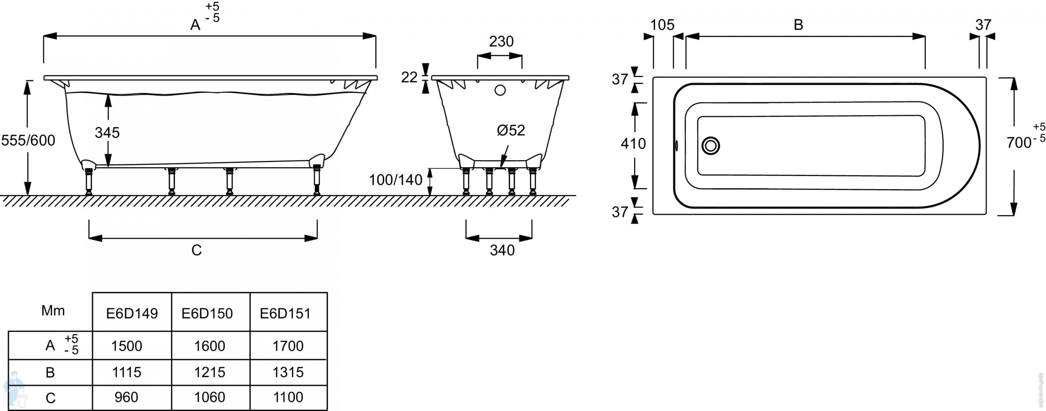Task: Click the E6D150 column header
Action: point(207,313)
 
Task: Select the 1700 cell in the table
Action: point(288,346)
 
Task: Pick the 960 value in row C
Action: point(126,397)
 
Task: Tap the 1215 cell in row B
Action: point(210,372)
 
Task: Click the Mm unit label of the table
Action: point(53,311)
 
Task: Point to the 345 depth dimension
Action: point(107,132)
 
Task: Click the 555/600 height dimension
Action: point(28,140)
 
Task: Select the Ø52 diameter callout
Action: point(511,130)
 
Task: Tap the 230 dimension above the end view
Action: point(501,41)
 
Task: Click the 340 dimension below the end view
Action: point(502,250)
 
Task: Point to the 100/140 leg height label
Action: point(395,180)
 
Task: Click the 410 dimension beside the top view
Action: point(633,143)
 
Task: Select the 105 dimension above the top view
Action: point(662,25)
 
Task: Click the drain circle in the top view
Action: point(711,146)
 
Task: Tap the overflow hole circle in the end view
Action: point(500,90)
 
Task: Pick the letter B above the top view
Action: point(798,25)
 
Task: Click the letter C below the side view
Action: point(197,250)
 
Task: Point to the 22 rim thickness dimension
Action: point(409,77)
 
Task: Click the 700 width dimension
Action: point(1019,143)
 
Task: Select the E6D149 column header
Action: point(132,313)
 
